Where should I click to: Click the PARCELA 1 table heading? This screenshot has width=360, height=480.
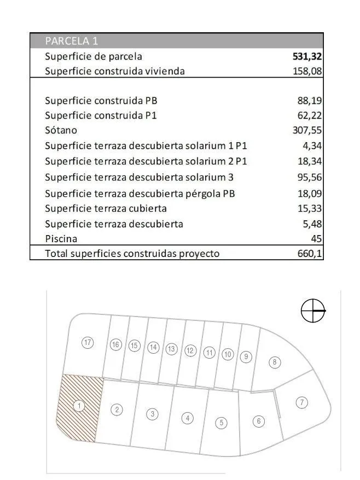pos(72,41)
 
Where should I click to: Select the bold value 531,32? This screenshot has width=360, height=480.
pos(307,56)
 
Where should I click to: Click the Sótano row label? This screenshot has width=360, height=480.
pos(61,130)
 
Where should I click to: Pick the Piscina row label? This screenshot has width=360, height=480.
pos(61,238)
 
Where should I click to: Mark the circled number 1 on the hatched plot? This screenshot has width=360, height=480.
pos(79,406)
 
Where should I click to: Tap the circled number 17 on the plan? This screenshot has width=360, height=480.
pos(88,343)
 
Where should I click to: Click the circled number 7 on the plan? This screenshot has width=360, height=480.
pos(301,403)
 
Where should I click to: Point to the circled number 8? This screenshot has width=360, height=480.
pos(275,362)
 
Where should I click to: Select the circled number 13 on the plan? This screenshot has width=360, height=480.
pos(172,349)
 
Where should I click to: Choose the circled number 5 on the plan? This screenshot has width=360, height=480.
pos(221,422)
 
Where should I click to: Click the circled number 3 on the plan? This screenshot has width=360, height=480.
pos(153,414)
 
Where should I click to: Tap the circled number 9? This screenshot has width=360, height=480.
pos(247,356)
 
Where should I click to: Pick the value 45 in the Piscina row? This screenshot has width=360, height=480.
pos(317,238)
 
